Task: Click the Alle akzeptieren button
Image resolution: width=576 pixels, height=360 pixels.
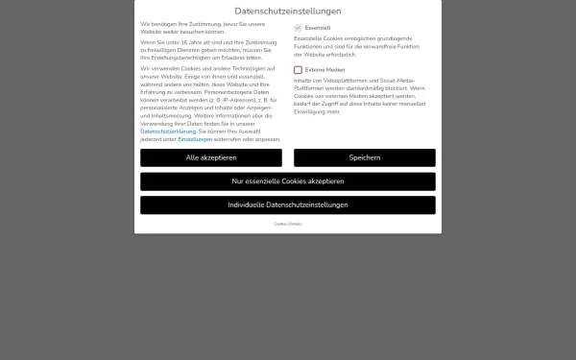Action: [211, 157]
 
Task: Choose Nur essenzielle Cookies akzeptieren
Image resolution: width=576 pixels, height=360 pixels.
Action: [288, 181]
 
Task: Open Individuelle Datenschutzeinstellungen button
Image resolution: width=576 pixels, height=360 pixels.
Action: [288, 204]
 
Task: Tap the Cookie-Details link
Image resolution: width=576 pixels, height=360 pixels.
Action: [288, 224]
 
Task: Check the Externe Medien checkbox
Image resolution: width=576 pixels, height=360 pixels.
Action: [299, 70]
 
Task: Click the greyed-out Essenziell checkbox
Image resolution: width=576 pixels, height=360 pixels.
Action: [299, 28]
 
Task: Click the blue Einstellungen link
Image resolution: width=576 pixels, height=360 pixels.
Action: [195, 139]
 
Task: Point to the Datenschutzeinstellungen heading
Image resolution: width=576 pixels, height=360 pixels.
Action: [288, 10]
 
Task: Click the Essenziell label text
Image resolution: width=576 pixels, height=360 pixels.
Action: [318, 28]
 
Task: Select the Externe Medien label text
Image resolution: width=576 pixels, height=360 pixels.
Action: [325, 70]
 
